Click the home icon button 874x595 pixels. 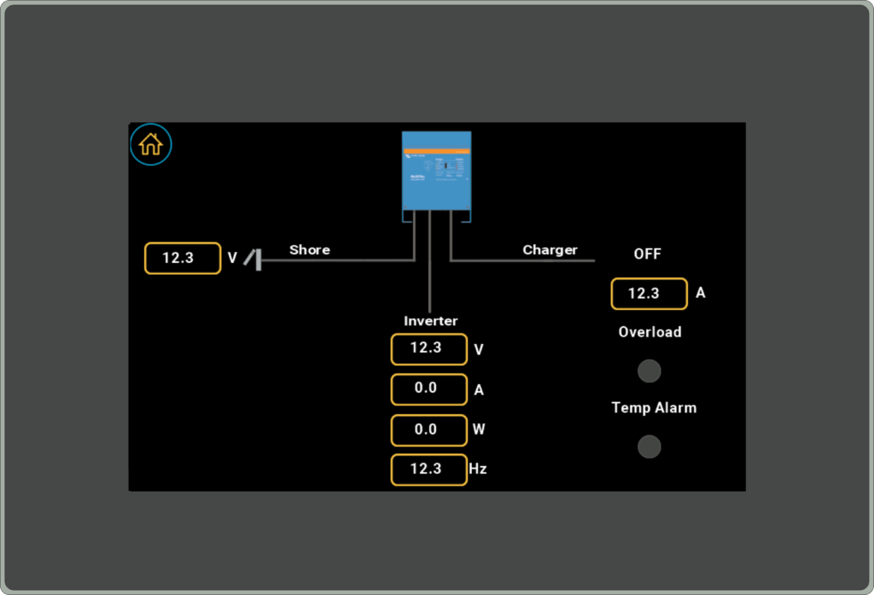(x=151, y=144)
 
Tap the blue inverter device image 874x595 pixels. (x=436, y=171)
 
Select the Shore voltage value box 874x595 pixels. (x=183, y=258)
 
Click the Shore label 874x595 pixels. (x=309, y=250)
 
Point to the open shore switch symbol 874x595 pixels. (x=253, y=258)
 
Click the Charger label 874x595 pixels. (x=550, y=250)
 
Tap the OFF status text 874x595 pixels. (x=647, y=254)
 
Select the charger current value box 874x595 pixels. (x=649, y=294)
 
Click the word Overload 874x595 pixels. (x=650, y=332)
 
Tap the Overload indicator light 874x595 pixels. (x=650, y=371)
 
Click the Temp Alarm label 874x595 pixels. (x=654, y=408)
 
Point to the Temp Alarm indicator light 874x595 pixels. (x=650, y=446)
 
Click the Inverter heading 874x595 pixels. (x=430, y=321)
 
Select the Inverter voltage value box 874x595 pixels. (x=428, y=349)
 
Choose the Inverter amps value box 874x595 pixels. (x=428, y=389)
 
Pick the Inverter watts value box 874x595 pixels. (x=428, y=429)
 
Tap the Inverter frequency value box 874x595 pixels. (x=428, y=470)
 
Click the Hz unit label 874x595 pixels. (x=478, y=470)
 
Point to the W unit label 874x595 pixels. (x=478, y=429)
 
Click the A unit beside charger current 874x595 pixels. (x=701, y=294)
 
